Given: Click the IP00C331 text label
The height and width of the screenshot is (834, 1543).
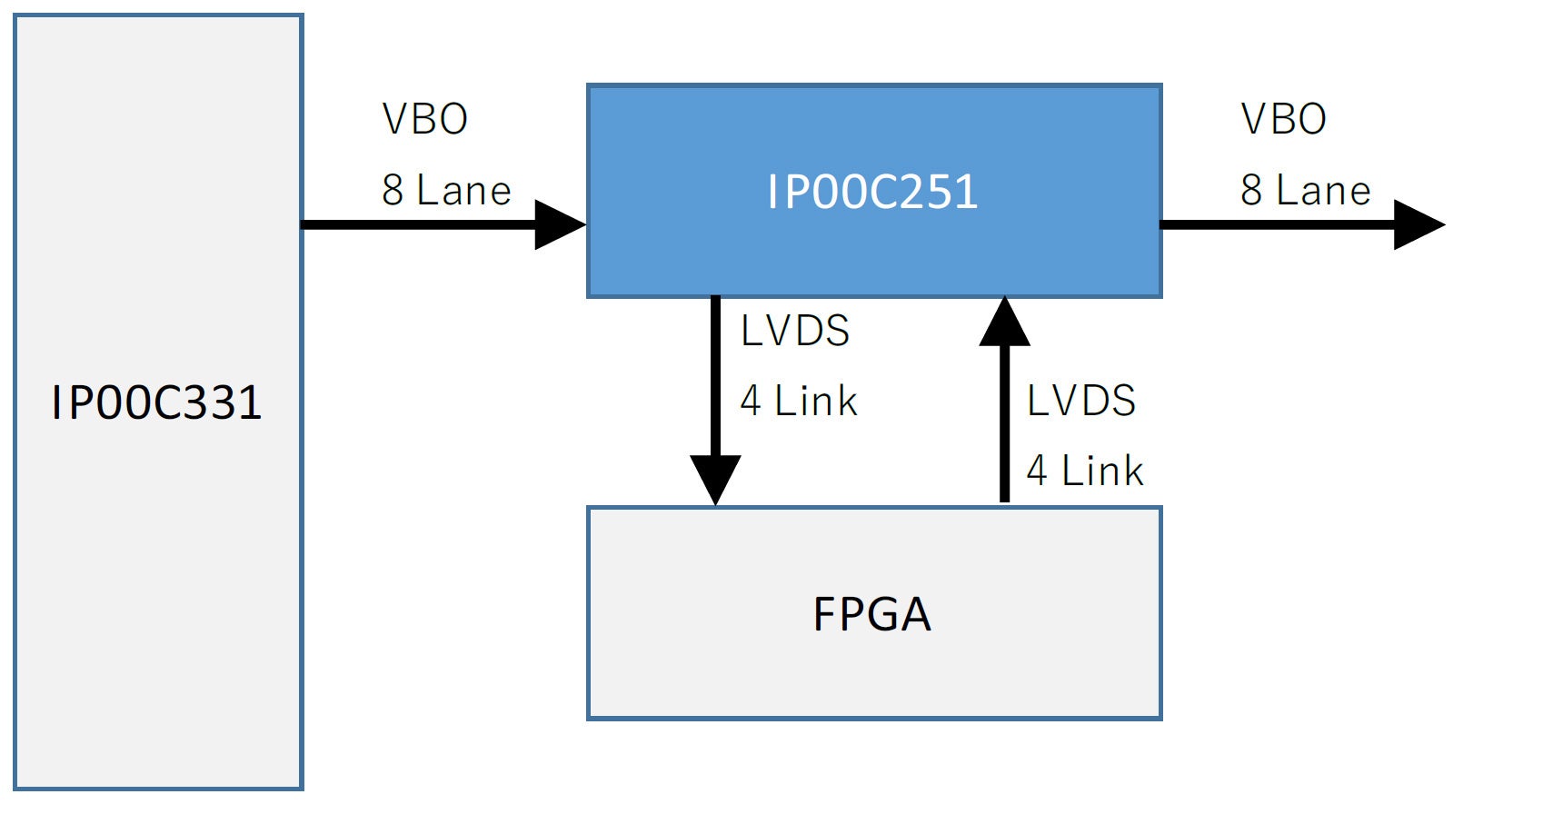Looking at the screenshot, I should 156,402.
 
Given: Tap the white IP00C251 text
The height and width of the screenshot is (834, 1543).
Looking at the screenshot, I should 872,192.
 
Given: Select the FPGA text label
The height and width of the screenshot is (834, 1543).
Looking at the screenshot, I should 872,614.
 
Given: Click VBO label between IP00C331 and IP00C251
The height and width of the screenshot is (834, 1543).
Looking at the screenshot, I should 425,119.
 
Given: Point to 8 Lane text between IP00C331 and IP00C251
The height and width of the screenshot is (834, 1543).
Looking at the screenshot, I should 446,191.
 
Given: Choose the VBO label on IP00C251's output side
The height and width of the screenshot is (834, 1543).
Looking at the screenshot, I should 1284,119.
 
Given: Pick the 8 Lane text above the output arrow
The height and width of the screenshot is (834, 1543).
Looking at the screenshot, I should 1306,191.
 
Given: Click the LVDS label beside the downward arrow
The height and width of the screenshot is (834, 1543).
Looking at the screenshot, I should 795,331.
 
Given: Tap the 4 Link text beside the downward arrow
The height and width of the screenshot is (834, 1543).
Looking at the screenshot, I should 799,401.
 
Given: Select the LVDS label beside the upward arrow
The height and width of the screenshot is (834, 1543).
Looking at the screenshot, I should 1081,401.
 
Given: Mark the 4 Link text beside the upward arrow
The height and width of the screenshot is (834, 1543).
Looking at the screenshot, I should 1085,471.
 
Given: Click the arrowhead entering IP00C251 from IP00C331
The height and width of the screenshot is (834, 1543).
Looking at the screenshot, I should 560,224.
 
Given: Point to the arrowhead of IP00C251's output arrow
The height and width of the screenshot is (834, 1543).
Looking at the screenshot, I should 1419,224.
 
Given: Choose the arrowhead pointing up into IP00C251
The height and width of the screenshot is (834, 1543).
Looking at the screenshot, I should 1004,323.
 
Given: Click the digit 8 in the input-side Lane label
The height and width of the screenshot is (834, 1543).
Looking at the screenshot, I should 393,191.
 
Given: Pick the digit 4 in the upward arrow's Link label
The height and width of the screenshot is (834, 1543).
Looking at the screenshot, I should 1037,471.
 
